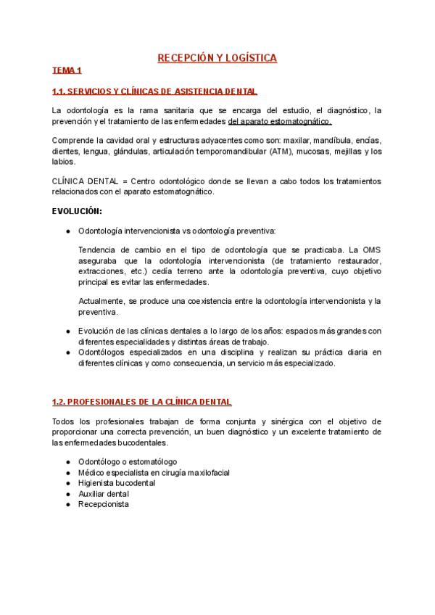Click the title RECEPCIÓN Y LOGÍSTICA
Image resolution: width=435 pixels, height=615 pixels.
(x=217, y=57)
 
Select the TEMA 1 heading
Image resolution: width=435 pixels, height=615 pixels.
(x=67, y=71)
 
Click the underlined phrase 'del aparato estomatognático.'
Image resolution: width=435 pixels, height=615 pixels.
(x=279, y=121)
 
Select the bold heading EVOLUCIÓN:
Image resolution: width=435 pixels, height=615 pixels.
(x=77, y=211)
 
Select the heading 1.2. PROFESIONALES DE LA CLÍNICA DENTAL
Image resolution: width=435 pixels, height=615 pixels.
(x=142, y=402)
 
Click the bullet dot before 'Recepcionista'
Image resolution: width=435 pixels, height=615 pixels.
(x=67, y=504)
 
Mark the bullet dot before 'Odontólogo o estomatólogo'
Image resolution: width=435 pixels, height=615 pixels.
(x=67, y=461)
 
